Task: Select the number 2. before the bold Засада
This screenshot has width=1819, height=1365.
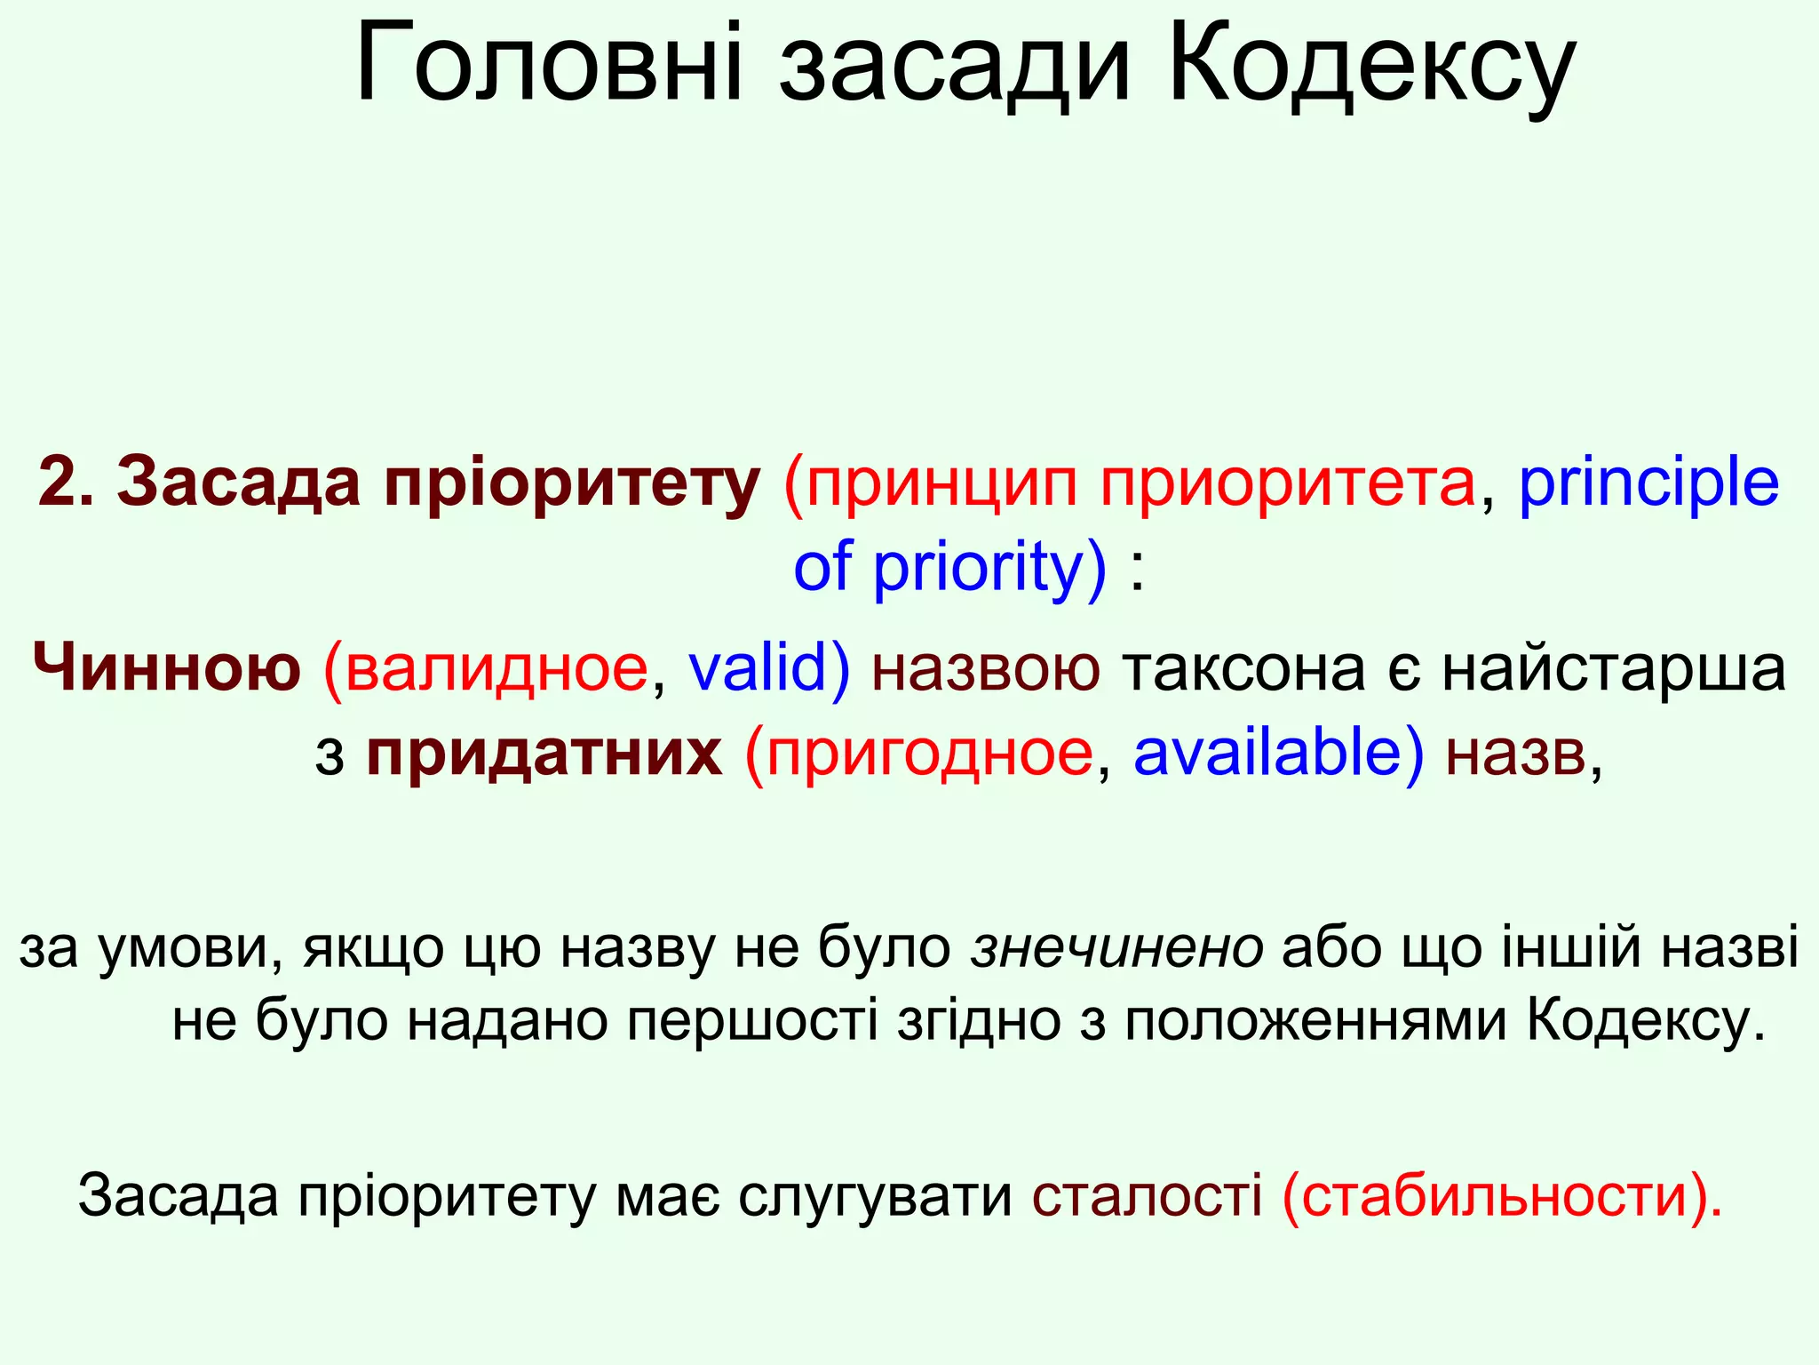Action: [66, 483]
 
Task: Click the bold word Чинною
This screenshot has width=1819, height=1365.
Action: [167, 668]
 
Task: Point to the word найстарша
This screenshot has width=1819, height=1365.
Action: [1613, 668]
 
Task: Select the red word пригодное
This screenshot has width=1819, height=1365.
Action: [927, 754]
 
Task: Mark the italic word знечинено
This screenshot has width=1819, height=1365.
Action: [1117, 947]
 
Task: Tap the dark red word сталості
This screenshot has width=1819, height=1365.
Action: [1147, 1196]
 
